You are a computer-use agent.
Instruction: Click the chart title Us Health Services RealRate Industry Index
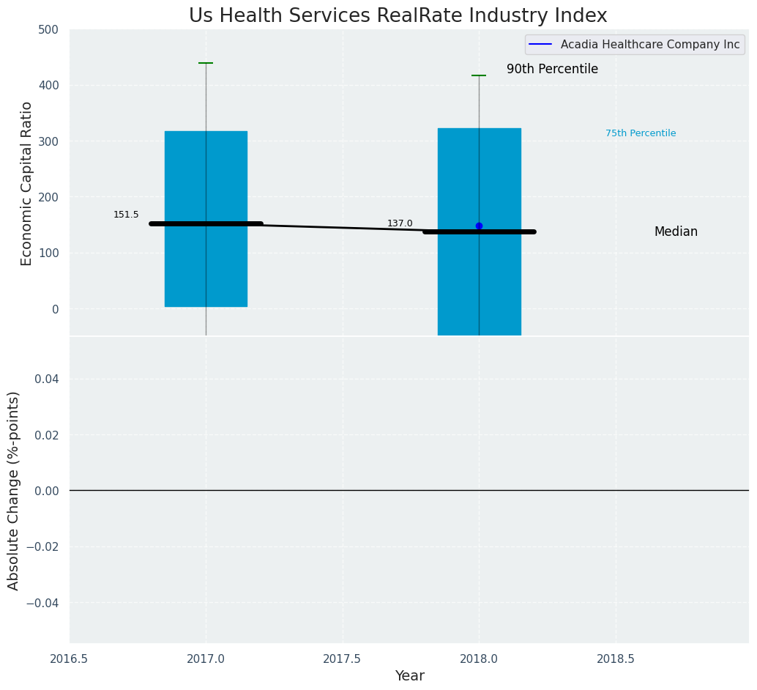click(398, 16)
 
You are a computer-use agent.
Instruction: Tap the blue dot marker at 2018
click(479, 226)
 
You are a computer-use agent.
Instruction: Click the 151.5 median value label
click(126, 215)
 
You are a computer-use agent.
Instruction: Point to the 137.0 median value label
click(400, 223)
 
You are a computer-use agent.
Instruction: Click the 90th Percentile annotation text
click(552, 70)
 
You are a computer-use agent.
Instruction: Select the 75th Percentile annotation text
click(641, 133)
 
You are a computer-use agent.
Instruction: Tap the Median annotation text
click(676, 232)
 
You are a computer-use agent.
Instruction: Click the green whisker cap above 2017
click(206, 63)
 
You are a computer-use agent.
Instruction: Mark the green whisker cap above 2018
click(479, 75)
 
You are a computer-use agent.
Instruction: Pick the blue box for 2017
click(206, 176)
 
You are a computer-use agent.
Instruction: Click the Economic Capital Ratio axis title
click(27, 183)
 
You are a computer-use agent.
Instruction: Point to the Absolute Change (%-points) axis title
click(14, 490)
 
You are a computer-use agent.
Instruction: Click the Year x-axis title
click(409, 676)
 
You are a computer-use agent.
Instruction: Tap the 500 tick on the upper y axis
click(49, 30)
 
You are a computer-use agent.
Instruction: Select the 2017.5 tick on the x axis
click(342, 659)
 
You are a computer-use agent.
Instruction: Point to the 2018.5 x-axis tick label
click(616, 659)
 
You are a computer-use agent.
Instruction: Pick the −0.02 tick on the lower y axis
click(45, 546)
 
